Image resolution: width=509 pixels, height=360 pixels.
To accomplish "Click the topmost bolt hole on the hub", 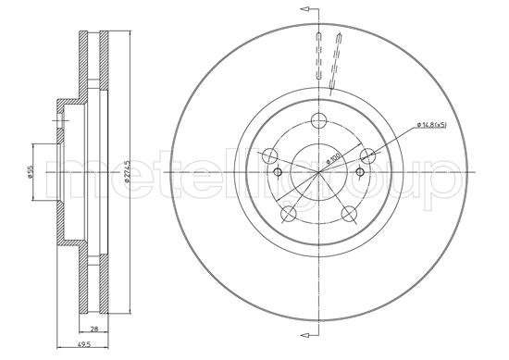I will (320, 119).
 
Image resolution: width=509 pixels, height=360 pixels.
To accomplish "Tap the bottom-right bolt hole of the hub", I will (350, 215).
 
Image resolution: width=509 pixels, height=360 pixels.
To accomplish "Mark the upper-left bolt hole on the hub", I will (271, 156).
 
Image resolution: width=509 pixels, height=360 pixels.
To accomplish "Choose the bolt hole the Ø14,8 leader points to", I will (368, 156).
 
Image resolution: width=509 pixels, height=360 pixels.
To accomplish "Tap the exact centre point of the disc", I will (320, 172).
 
